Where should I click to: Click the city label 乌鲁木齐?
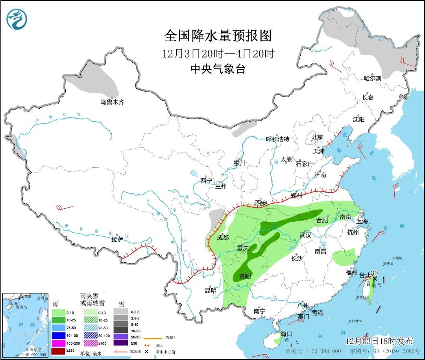tap(112, 102)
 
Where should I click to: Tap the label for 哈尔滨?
tap(373, 78)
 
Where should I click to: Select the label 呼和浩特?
tap(277, 139)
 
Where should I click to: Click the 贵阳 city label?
tap(244, 276)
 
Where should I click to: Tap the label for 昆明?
tap(211, 291)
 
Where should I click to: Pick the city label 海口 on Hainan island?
tap(286, 334)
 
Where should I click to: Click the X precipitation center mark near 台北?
tap(375, 278)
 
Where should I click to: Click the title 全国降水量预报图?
tap(218, 36)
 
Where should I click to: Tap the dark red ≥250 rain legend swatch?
tap(59, 351)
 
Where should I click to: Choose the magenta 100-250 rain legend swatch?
tap(59, 343)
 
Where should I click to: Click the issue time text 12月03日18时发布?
tap(379, 341)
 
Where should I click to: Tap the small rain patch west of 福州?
tap(344, 258)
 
